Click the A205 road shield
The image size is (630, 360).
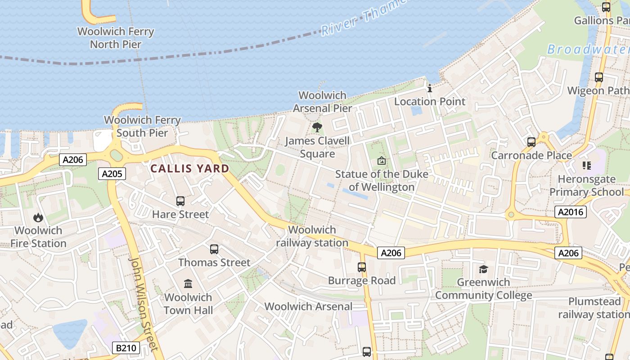[112, 174]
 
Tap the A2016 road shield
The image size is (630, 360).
[570, 212]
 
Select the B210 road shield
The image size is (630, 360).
[126, 347]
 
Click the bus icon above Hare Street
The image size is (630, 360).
[180, 201]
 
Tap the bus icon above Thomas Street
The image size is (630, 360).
[214, 249]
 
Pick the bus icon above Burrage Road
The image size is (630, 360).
[362, 267]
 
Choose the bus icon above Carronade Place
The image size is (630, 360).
[531, 142]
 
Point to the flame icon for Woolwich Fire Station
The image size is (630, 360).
[38, 218]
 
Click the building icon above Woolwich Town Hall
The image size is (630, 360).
[188, 283]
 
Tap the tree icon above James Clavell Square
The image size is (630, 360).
[317, 127]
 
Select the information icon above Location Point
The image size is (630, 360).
[430, 88]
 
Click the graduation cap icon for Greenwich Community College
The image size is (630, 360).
[483, 269]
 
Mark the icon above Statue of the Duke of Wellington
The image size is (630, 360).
[382, 161]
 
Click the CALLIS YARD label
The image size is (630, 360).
[189, 169]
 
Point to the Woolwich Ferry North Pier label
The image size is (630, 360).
[116, 38]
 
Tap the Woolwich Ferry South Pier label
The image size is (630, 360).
[142, 126]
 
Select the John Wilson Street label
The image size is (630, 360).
[144, 304]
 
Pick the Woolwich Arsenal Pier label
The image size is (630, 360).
[323, 102]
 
